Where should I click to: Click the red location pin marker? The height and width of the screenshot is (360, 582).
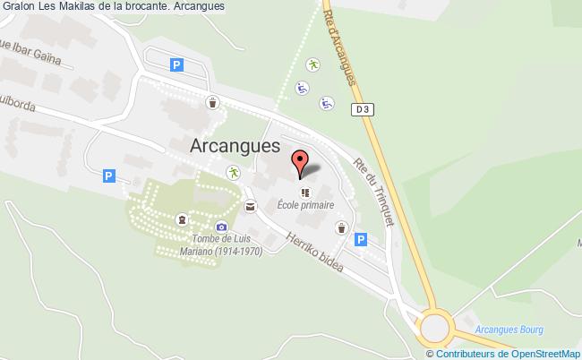click(x=301, y=163)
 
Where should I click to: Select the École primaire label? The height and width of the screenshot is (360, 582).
click(x=305, y=205)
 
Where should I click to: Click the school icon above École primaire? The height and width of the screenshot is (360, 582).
click(x=305, y=192)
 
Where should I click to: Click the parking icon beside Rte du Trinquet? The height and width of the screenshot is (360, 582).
click(x=360, y=239)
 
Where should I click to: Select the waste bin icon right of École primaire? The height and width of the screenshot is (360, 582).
click(x=342, y=228)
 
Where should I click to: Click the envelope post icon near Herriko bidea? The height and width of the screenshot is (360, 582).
click(x=250, y=206)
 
